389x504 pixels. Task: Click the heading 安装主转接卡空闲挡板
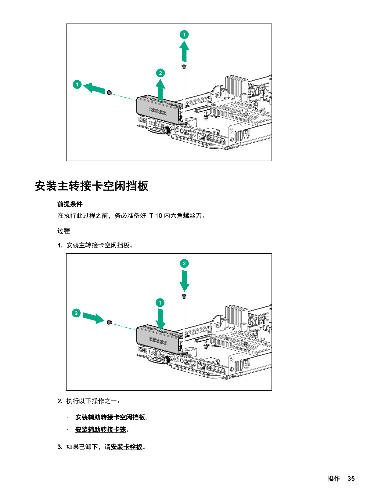[x=92, y=186]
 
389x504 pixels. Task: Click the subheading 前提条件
[x=70, y=204]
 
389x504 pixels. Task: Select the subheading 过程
[x=63, y=231]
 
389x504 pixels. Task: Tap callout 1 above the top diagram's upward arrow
[x=184, y=35]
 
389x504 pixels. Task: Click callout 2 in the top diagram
[x=160, y=73]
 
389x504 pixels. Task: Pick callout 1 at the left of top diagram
[x=77, y=84]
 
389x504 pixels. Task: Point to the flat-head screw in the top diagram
[x=184, y=67]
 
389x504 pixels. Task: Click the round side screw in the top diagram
[x=110, y=92]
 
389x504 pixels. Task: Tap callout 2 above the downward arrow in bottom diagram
[x=184, y=264]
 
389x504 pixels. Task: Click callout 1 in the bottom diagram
[x=160, y=303]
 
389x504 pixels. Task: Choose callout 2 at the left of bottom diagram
[x=76, y=313]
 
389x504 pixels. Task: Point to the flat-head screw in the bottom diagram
[x=184, y=296]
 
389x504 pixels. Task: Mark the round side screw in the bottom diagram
[x=110, y=322]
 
